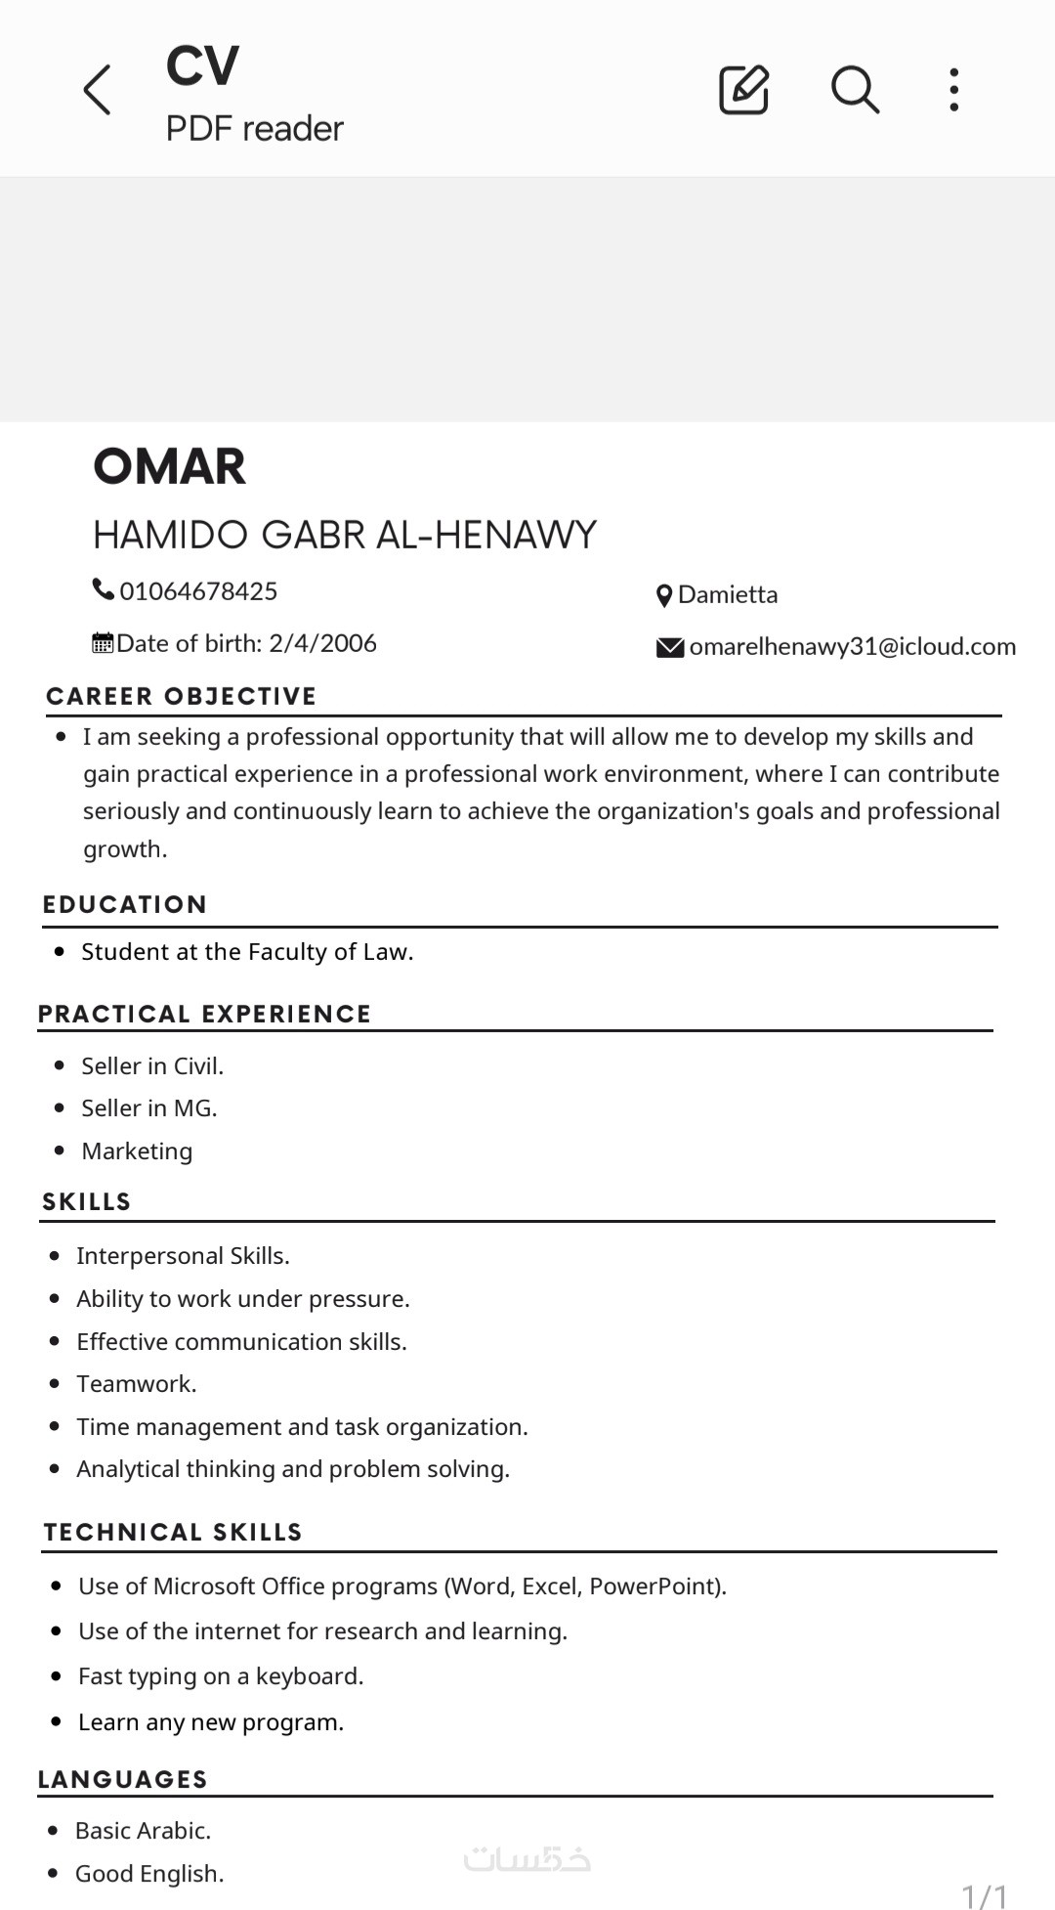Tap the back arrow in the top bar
pyautogui.click(x=98, y=90)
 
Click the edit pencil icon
pyautogui.click(x=743, y=90)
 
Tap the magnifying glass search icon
pyautogui.click(x=855, y=90)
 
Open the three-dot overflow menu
pyautogui.click(x=954, y=90)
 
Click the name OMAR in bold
pyautogui.click(x=169, y=466)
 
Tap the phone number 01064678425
pyautogui.click(x=198, y=591)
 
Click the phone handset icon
pyautogui.click(x=103, y=589)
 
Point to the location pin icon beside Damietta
pyautogui.click(x=664, y=595)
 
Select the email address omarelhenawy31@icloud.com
pyautogui.click(x=852, y=646)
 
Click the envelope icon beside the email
pyautogui.click(x=670, y=647)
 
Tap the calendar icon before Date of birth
pyautogui.click(x=103, y=643)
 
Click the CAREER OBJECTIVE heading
pyautogui.click(x=182, y=696)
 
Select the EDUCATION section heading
pyautogui.click(x=125, y=904)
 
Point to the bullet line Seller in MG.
pyautogui.click(x=149, y=1107)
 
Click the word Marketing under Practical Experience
pyautogui.click(x=137, y=1150)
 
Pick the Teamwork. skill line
pyautogui.click(x=137, y=1383)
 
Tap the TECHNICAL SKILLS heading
pyautogui.click(x=173, y=1532)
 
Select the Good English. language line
pyautogui.click(x=149, y=1873)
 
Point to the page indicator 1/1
pyautogui.click(x=985, y=1895)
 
